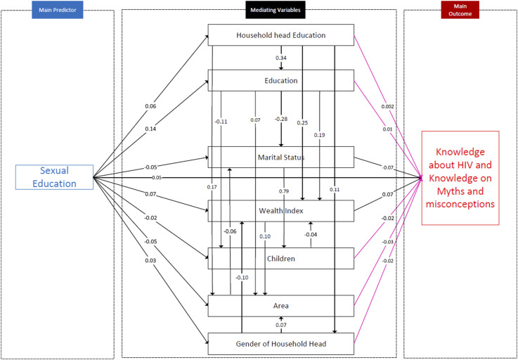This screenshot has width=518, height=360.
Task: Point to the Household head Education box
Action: [x=281, y=36]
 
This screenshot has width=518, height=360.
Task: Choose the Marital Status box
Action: [x=281, y=157]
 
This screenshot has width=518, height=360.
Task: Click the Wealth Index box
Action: [x=281, y=210]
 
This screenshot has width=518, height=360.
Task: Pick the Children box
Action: [x=281, y=259]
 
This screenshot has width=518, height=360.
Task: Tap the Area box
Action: [x=281, y=306]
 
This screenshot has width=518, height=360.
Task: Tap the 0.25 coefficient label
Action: [x=302, y=122]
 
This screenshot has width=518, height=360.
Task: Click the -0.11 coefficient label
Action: [x=221, y=122]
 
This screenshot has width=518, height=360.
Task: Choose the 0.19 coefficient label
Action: [x=320, y=134]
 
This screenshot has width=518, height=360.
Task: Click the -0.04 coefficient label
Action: [x=311, y=235]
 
